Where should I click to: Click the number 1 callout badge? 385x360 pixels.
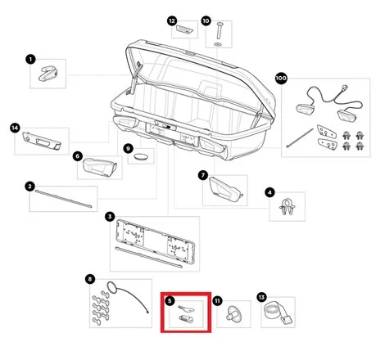[x=30, y=59]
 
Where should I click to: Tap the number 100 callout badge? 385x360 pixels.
[x=281, y=79]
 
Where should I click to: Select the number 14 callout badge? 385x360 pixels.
[x=15, y=128]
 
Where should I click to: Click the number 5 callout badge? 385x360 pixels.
[x=170, y=301]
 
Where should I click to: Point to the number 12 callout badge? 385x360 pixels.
[x=172, y=20]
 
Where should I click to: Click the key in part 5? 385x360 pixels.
[x=186, y=308]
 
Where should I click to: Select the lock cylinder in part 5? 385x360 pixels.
[x=186, y=318]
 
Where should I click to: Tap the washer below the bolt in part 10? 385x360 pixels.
[x=218, y=44]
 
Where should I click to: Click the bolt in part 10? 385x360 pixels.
[x=220, y=30]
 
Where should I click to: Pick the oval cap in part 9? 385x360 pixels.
[x=141, y=156]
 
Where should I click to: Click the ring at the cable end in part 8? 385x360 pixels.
[x=112, y=287]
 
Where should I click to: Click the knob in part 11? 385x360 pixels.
[x=233, y=313]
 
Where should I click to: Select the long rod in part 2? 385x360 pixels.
[x=63, y=199]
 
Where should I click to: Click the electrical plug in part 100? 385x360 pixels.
[x=343, y=88]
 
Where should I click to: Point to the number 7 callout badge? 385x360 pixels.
[x=203, y=175]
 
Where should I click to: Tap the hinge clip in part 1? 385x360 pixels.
[x=48, y=73]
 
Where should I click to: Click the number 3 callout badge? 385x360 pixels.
[x=110, y=217]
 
